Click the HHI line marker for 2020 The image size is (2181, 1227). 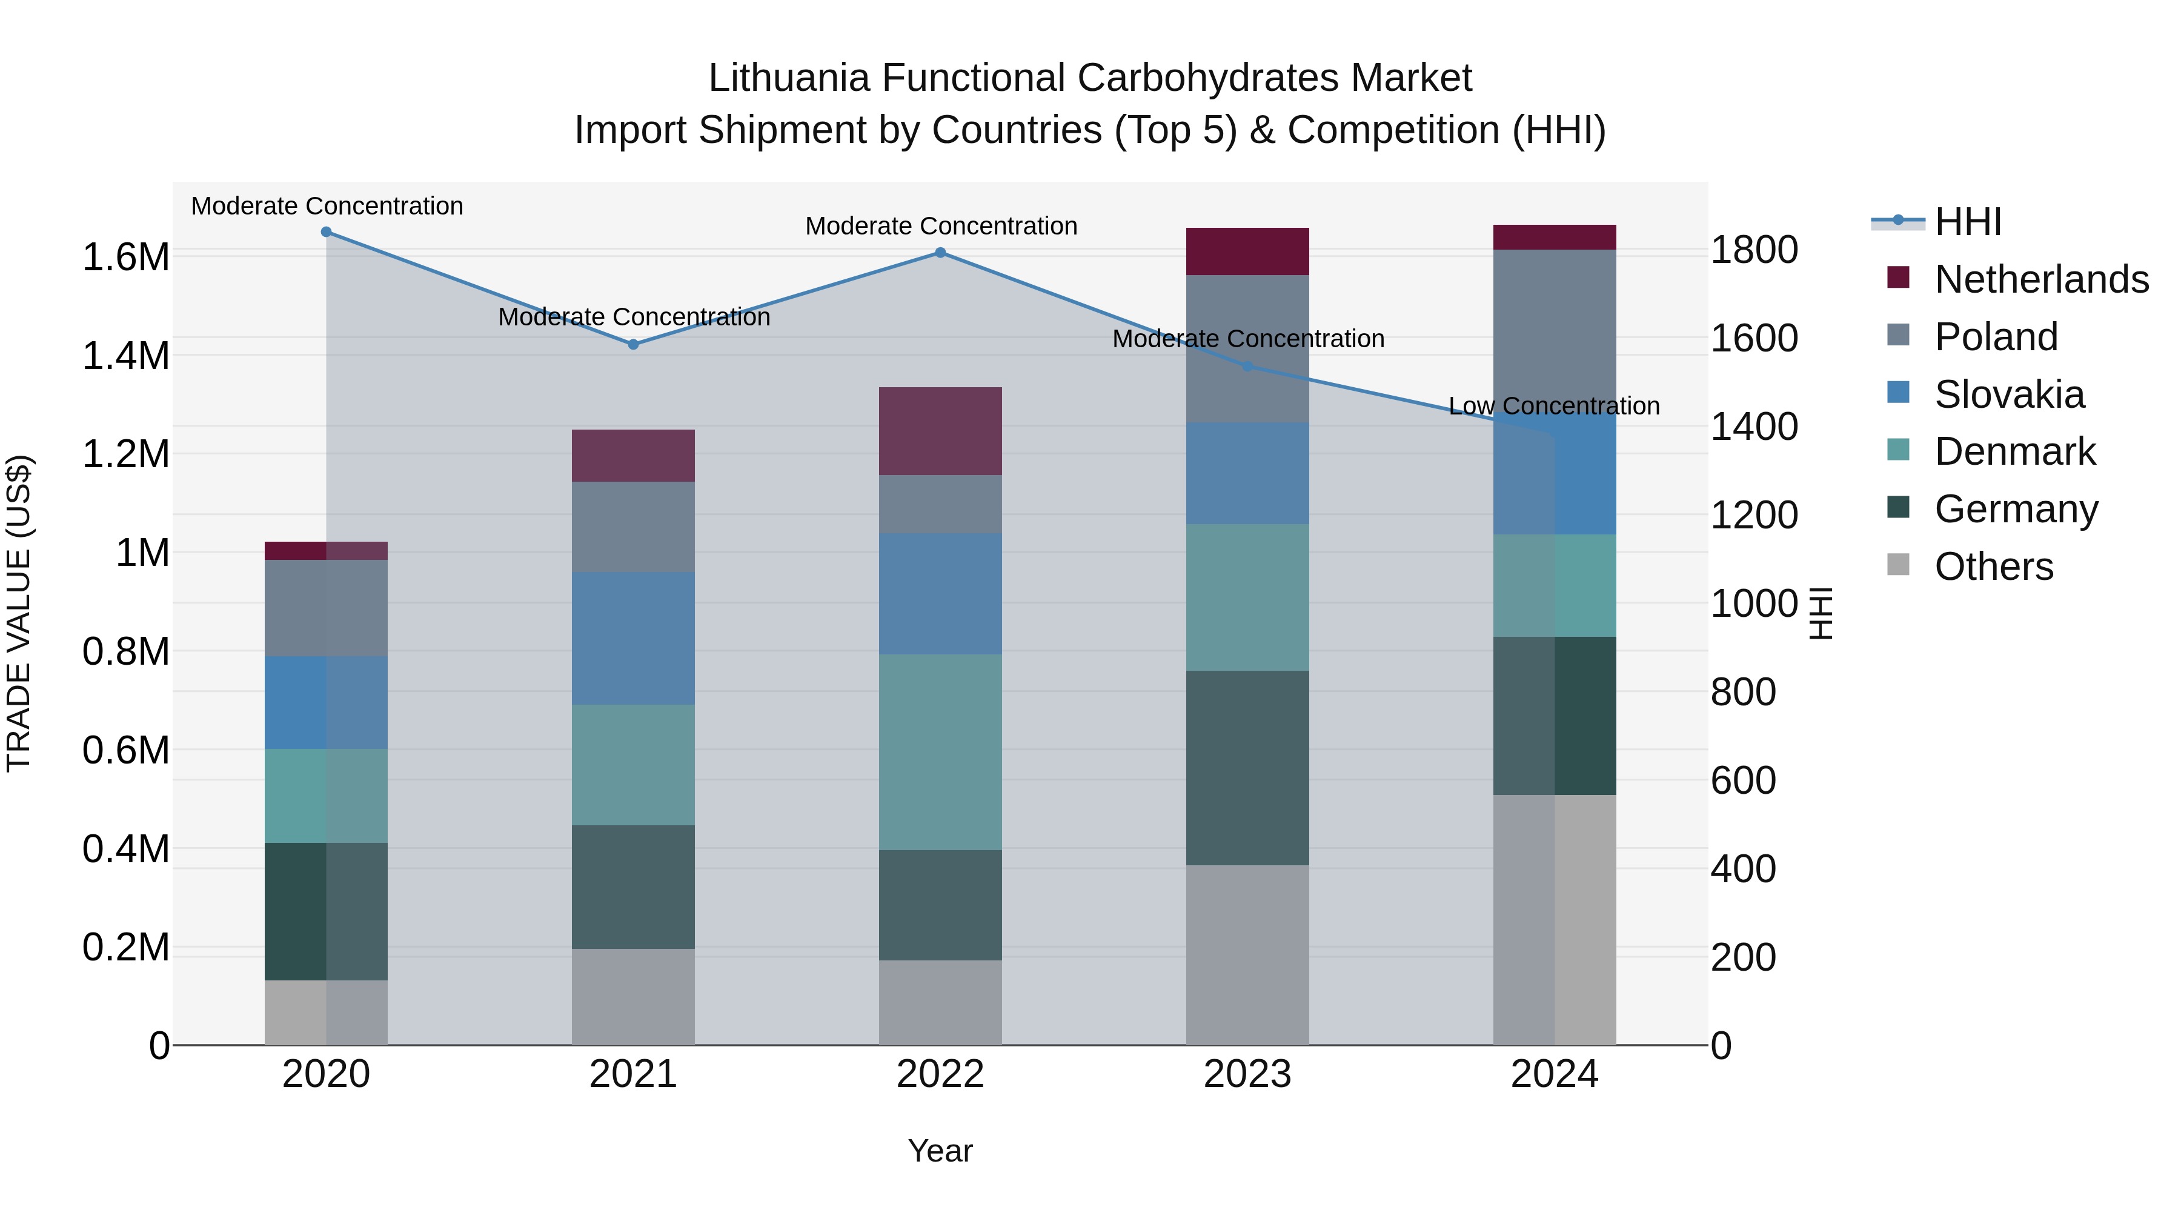pyautogui.click(x=326, y=232)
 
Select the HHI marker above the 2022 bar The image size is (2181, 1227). pyautogui.click(x=940, y=252)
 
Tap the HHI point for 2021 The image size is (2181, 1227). pyautogui.click(x=632, y=345)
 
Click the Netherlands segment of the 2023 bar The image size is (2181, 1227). pyautogui.click(x=1247, y=251)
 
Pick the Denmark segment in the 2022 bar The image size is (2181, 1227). pyautogui.click(x=940, y=752)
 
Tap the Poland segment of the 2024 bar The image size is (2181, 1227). pyautogui.click(x=1555, y=330)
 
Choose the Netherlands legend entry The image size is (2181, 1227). pyautogui.click(x=2040, y=279)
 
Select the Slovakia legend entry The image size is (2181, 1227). pyautogui.click(x=2008, y=394)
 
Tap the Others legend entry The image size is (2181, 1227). pyautogui.click(x=1993, y=567)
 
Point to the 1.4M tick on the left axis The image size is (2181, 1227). pyautogui.click(x=125, y=356)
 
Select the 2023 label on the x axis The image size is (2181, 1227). pyautogui.click(x=1247, y=1074)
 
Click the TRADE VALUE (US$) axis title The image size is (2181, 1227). pyautogui.click(x=19, y=613)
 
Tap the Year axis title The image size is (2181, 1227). pyautogui.click(x=940, y=1151)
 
